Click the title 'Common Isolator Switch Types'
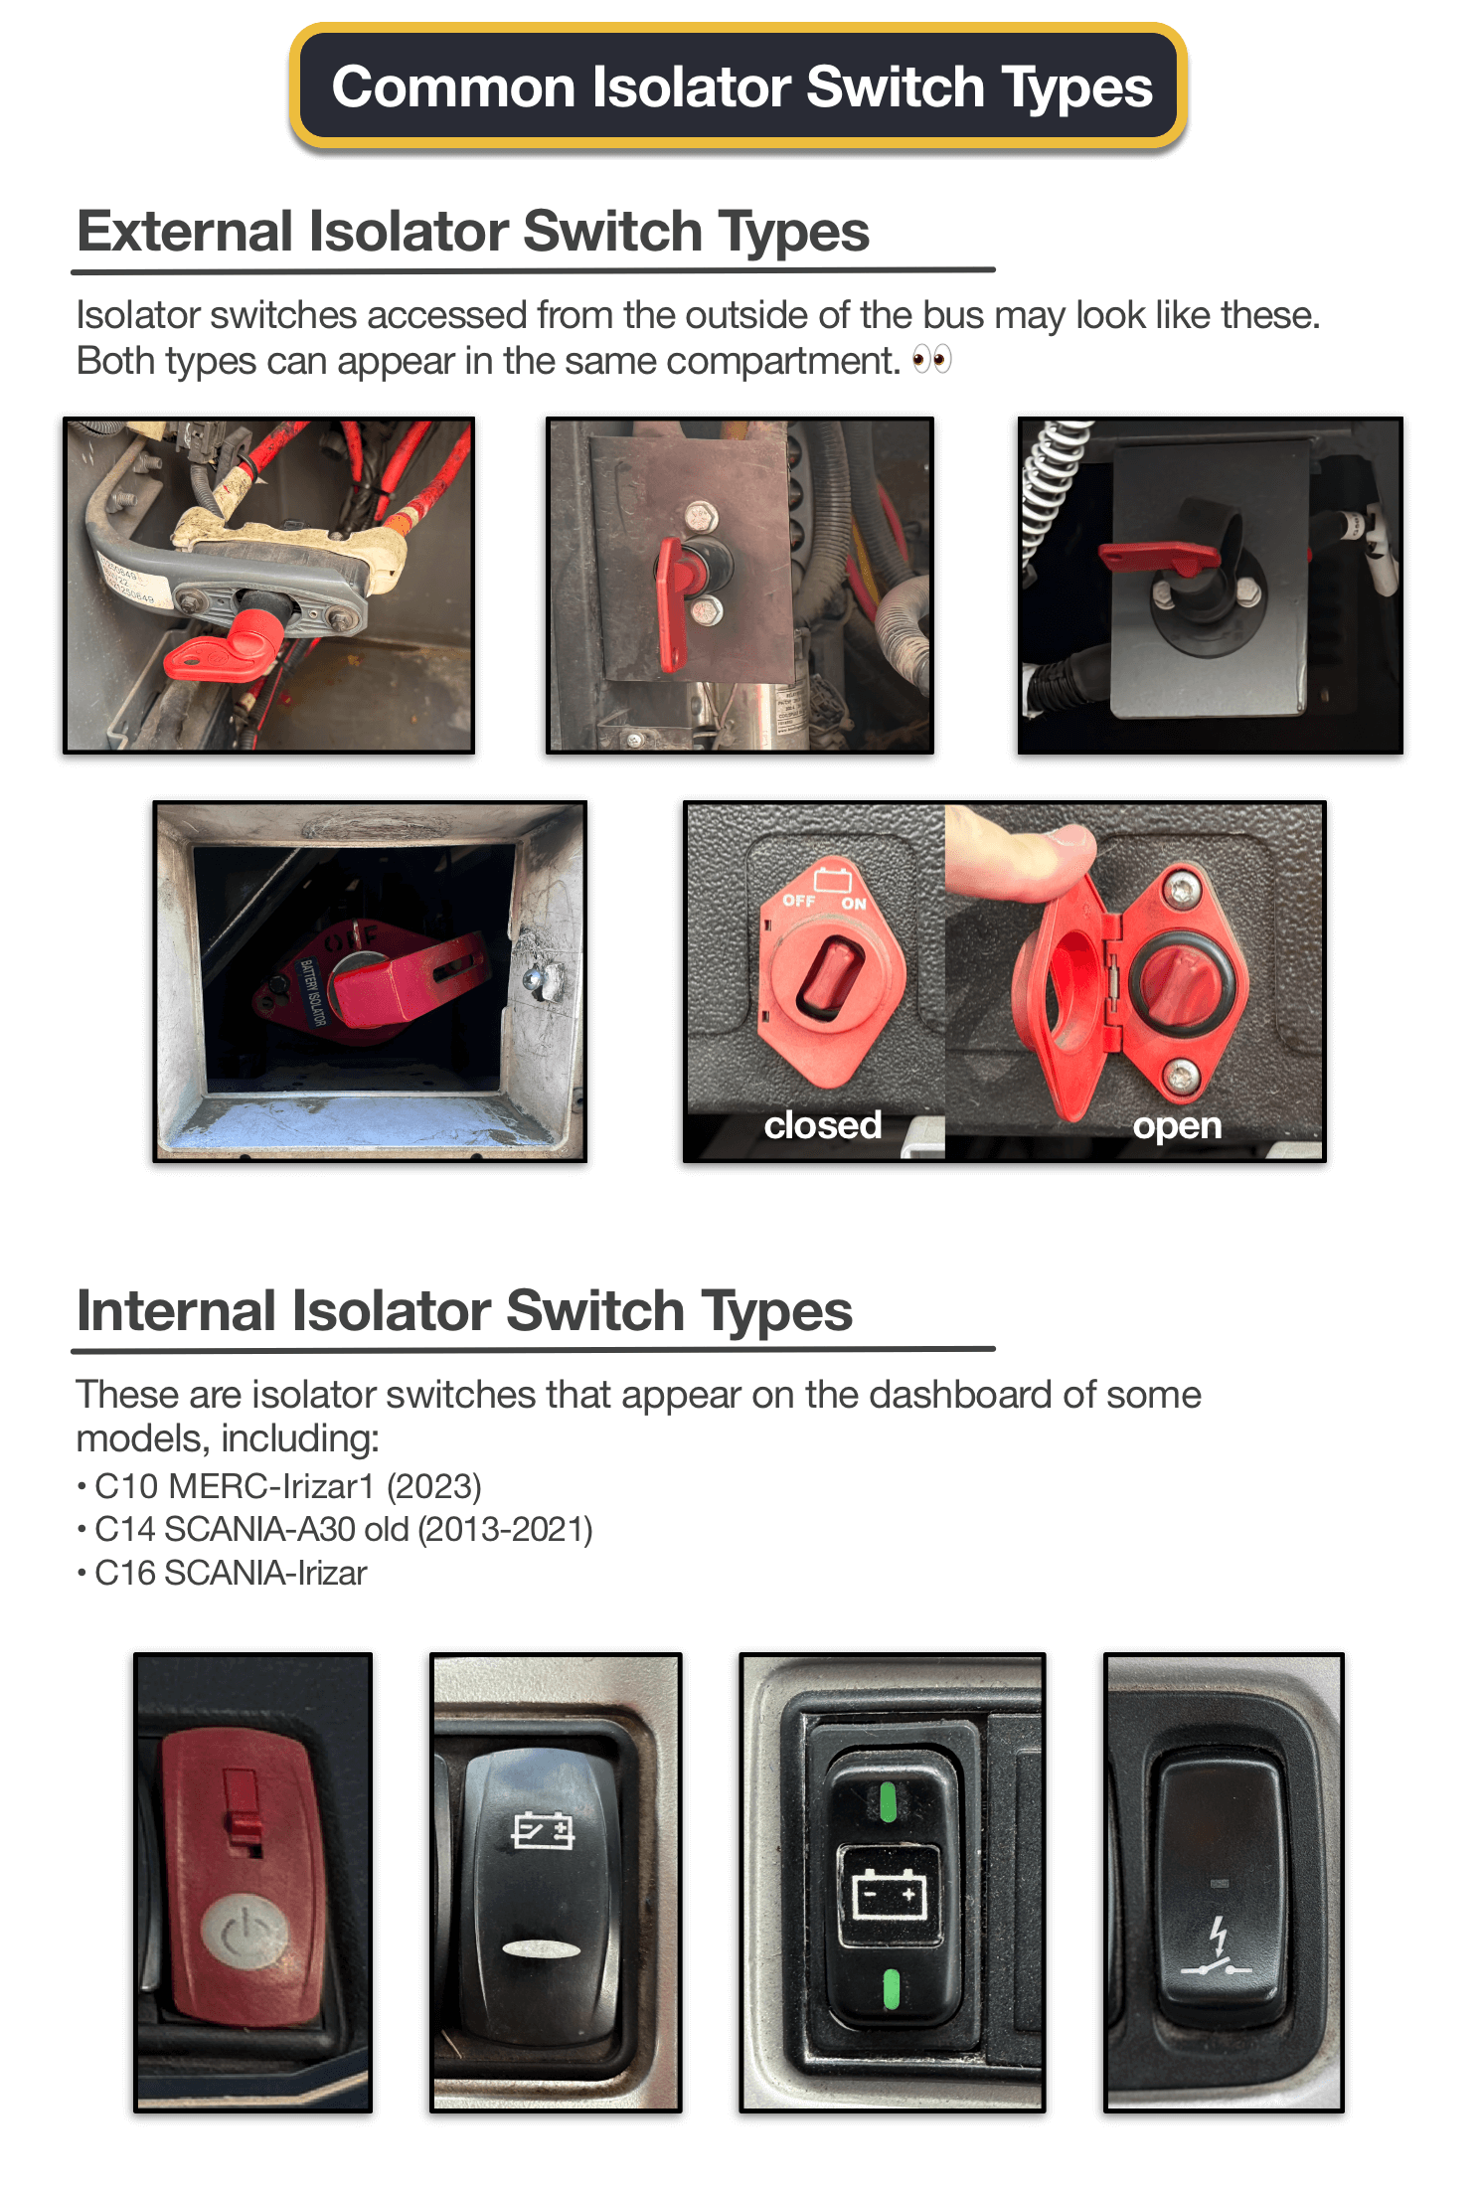741,86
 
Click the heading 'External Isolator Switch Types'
473,232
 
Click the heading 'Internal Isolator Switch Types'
464,1310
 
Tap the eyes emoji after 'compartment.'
931,359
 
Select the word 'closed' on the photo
822,1124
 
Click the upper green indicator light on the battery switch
889,1801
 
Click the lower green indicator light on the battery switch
891,1988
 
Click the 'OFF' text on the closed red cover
799,900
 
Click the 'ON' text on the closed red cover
854,904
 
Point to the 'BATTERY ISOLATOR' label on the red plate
311,992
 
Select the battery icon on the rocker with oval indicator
543,1830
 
